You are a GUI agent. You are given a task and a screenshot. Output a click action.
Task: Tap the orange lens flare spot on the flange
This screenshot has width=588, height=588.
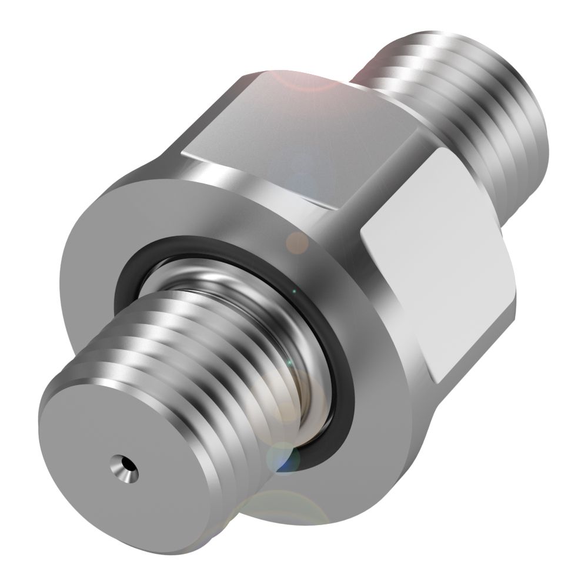297,242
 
